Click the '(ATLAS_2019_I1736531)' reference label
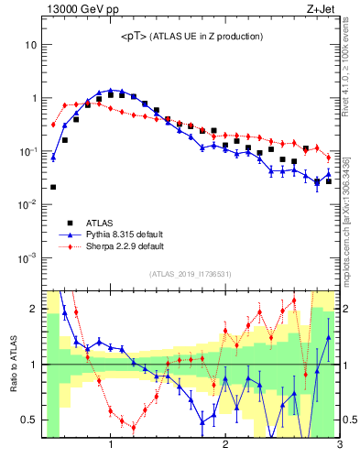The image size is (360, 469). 190,274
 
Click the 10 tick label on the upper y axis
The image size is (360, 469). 30,45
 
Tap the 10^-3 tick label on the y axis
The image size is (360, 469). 27,257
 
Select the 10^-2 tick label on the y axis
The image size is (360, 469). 27,204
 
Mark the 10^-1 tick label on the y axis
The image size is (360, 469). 27,151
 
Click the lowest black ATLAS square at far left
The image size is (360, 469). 53,187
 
